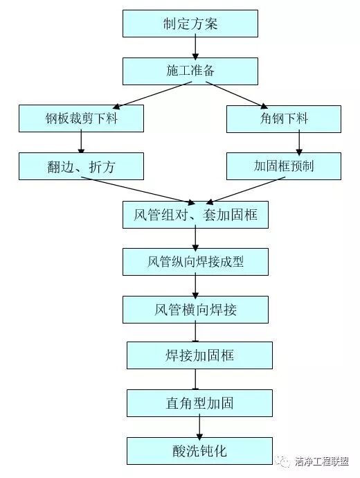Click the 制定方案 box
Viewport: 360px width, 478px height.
(190, 24)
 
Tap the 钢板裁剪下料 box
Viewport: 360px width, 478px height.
(81, 118)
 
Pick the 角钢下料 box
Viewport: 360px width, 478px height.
(284, 118)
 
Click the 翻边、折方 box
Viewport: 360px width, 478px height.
(81, 166)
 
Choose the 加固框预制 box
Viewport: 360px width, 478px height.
(284, 166)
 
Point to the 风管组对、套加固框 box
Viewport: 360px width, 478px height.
(195, 214)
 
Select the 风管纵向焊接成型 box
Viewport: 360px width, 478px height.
(195, 261)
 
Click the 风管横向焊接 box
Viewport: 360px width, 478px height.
(195, 309)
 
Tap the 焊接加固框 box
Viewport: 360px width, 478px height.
(199, 355)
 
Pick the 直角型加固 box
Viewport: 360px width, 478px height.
(199, 402)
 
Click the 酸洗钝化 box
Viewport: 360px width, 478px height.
(199, 450)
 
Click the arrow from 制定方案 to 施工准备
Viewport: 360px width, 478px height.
(195, 47)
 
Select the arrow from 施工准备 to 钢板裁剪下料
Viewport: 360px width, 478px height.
(152, 95)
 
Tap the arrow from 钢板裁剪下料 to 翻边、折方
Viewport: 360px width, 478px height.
(81, 142)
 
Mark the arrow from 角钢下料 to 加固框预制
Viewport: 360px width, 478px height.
(299, 142)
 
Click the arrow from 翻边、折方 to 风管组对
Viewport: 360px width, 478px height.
(138, 188)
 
